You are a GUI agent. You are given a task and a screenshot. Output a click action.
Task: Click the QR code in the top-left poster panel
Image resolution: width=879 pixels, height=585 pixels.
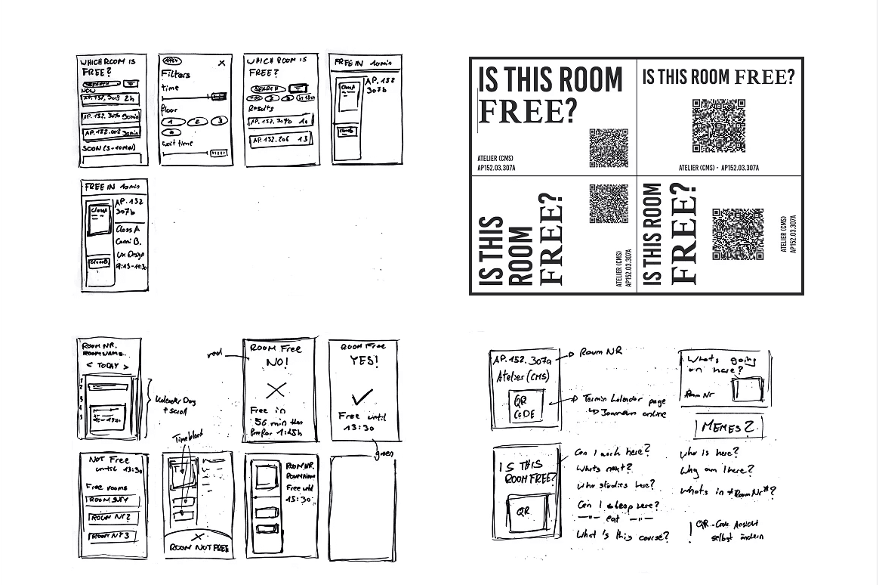pos(609,148)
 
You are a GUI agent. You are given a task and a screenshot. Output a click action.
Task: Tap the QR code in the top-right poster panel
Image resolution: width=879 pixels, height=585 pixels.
pos(719,125)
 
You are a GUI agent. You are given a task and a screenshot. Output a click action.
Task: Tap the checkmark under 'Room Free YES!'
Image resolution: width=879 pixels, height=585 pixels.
pos(363,396)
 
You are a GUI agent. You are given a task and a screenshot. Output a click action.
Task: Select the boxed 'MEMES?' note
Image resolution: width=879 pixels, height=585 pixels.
pos(729,428)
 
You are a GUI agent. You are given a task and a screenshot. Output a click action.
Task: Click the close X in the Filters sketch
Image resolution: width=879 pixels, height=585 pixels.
pos(221,63)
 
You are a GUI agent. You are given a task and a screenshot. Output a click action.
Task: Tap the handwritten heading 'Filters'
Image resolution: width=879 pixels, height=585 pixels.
pos(175,74)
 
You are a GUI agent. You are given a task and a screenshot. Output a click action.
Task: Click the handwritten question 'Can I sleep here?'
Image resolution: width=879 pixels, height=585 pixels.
pos(618,505)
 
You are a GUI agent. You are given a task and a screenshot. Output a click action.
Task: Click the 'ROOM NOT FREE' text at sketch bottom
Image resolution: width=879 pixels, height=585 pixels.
pos(200,547)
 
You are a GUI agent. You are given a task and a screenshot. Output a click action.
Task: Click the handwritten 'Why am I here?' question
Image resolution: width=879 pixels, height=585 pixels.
pos(717,471)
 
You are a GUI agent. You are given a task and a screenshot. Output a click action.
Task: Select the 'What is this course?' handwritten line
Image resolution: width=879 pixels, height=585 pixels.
pos(622,536)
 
